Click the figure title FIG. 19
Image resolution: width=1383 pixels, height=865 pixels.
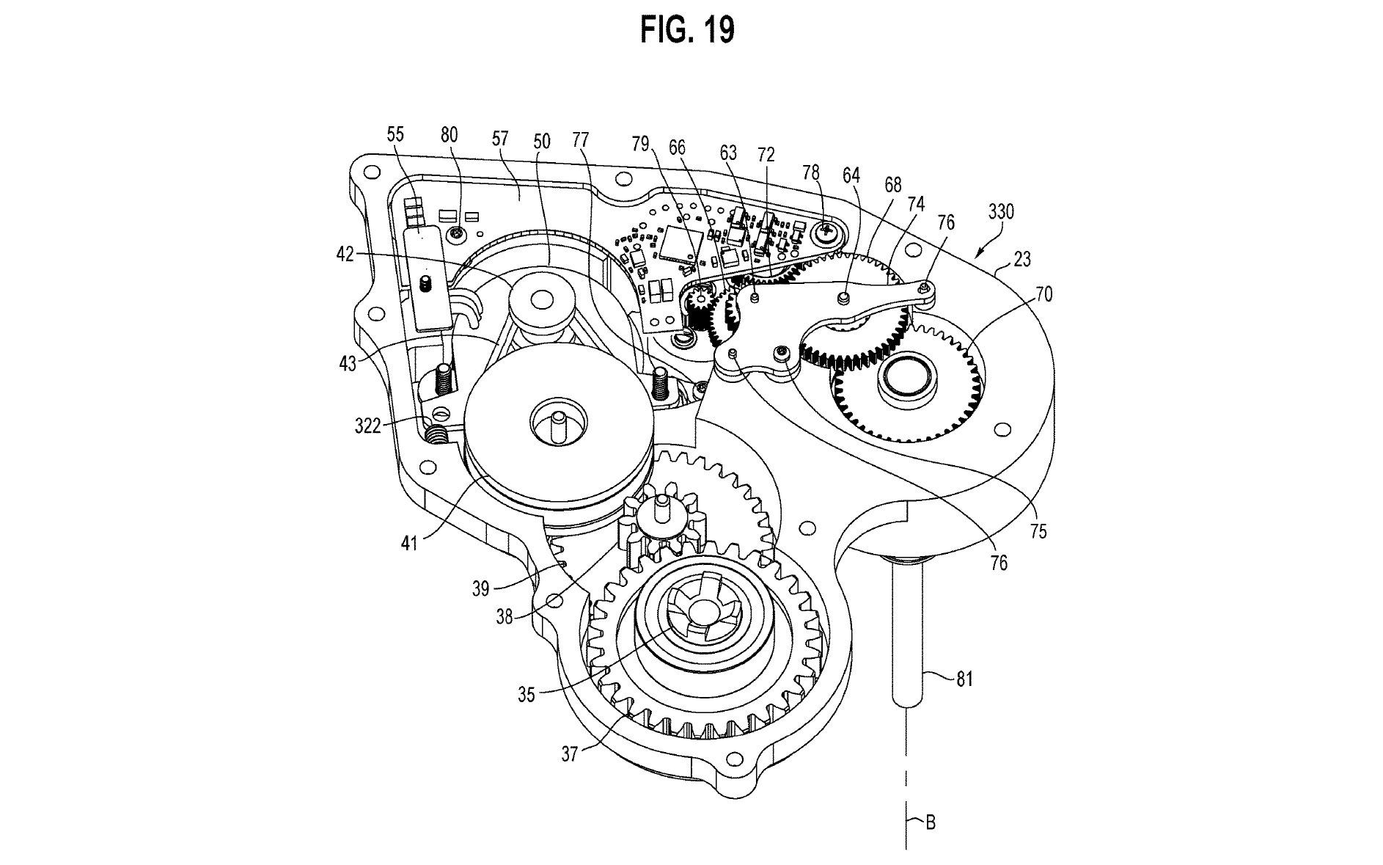click(x=687, y=30)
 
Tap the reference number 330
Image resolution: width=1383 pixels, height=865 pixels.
click(x=1000, y=212)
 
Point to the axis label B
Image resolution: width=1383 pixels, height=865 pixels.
click(x=930, y=822)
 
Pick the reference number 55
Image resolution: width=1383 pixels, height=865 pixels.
click(x=395, y=134)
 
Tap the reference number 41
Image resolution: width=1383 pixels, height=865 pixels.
click(x=408, y=544)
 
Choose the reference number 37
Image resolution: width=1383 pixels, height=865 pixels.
click(x=570, y=753)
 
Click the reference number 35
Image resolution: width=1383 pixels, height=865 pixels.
click(x=527, y=694)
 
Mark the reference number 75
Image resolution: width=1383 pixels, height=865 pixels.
click(x=1038, y=531)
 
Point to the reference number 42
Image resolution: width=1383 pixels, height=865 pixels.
click(x=345, y=254)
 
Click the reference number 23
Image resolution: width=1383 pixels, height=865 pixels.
click(x=1022, y=259)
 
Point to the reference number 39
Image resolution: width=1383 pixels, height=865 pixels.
click(x=480, y=589)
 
